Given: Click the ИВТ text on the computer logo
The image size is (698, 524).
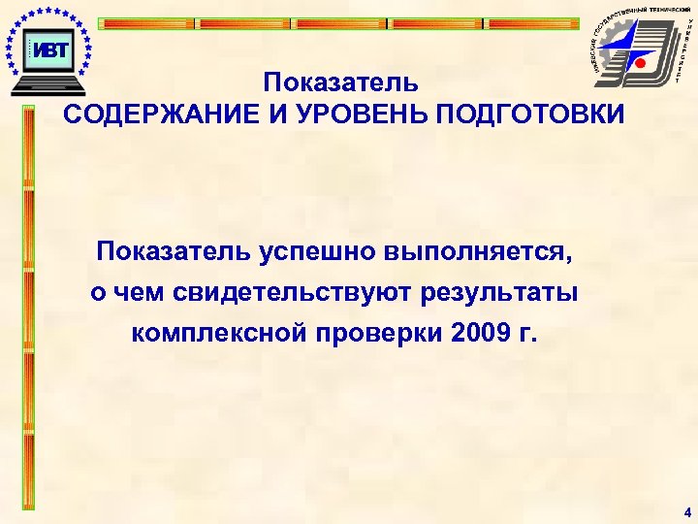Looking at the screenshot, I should (49, 49).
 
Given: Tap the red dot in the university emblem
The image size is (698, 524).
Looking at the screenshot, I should (640, 63).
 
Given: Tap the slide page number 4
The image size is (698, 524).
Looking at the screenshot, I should (686, 511).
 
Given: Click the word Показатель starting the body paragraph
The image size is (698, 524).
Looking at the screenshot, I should (174, 252).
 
